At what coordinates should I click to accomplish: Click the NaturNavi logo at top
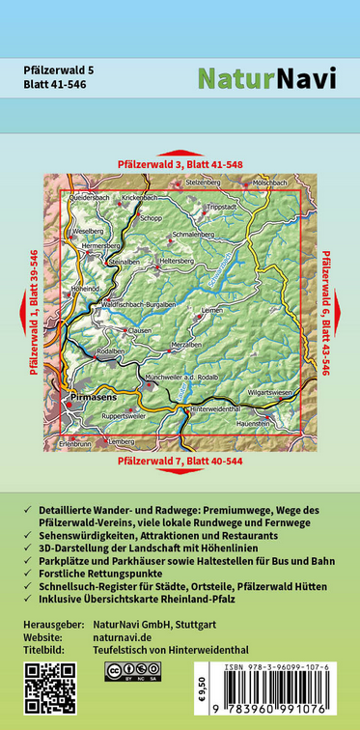(266, 79)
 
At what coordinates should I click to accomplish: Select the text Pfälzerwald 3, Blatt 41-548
(180, 165)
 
